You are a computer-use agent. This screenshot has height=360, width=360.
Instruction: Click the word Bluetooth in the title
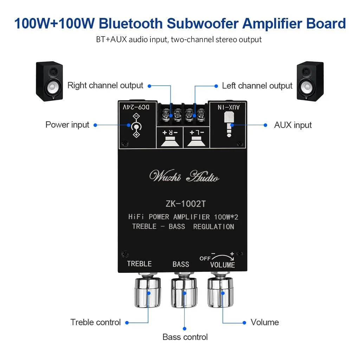131,23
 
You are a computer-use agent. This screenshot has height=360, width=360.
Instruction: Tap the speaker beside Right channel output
49,81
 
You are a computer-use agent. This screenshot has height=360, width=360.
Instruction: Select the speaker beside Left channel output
310,81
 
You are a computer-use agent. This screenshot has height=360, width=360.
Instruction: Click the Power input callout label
67,125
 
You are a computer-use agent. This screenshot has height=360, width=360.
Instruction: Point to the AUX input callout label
293,125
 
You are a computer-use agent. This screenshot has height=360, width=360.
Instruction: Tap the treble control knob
147,290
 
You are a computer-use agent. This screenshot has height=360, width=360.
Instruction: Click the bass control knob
184,290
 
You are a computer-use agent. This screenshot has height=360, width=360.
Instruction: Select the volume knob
220,290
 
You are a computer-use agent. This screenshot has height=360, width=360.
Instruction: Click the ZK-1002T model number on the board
186,204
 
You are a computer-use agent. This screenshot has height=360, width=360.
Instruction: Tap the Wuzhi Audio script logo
184,176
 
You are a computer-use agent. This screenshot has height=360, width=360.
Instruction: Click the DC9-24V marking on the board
136,107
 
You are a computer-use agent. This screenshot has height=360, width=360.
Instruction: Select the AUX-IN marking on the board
229,107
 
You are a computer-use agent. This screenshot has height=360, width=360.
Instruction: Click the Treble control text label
96,322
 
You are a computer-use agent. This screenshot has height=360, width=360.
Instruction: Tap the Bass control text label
185,337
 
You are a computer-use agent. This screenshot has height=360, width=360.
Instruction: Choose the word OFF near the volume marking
205,258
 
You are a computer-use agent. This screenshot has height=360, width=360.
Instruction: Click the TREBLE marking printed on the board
139,264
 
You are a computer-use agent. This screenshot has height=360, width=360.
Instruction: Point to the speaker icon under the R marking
170,141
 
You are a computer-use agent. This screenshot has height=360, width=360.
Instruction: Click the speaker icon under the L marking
196,141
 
